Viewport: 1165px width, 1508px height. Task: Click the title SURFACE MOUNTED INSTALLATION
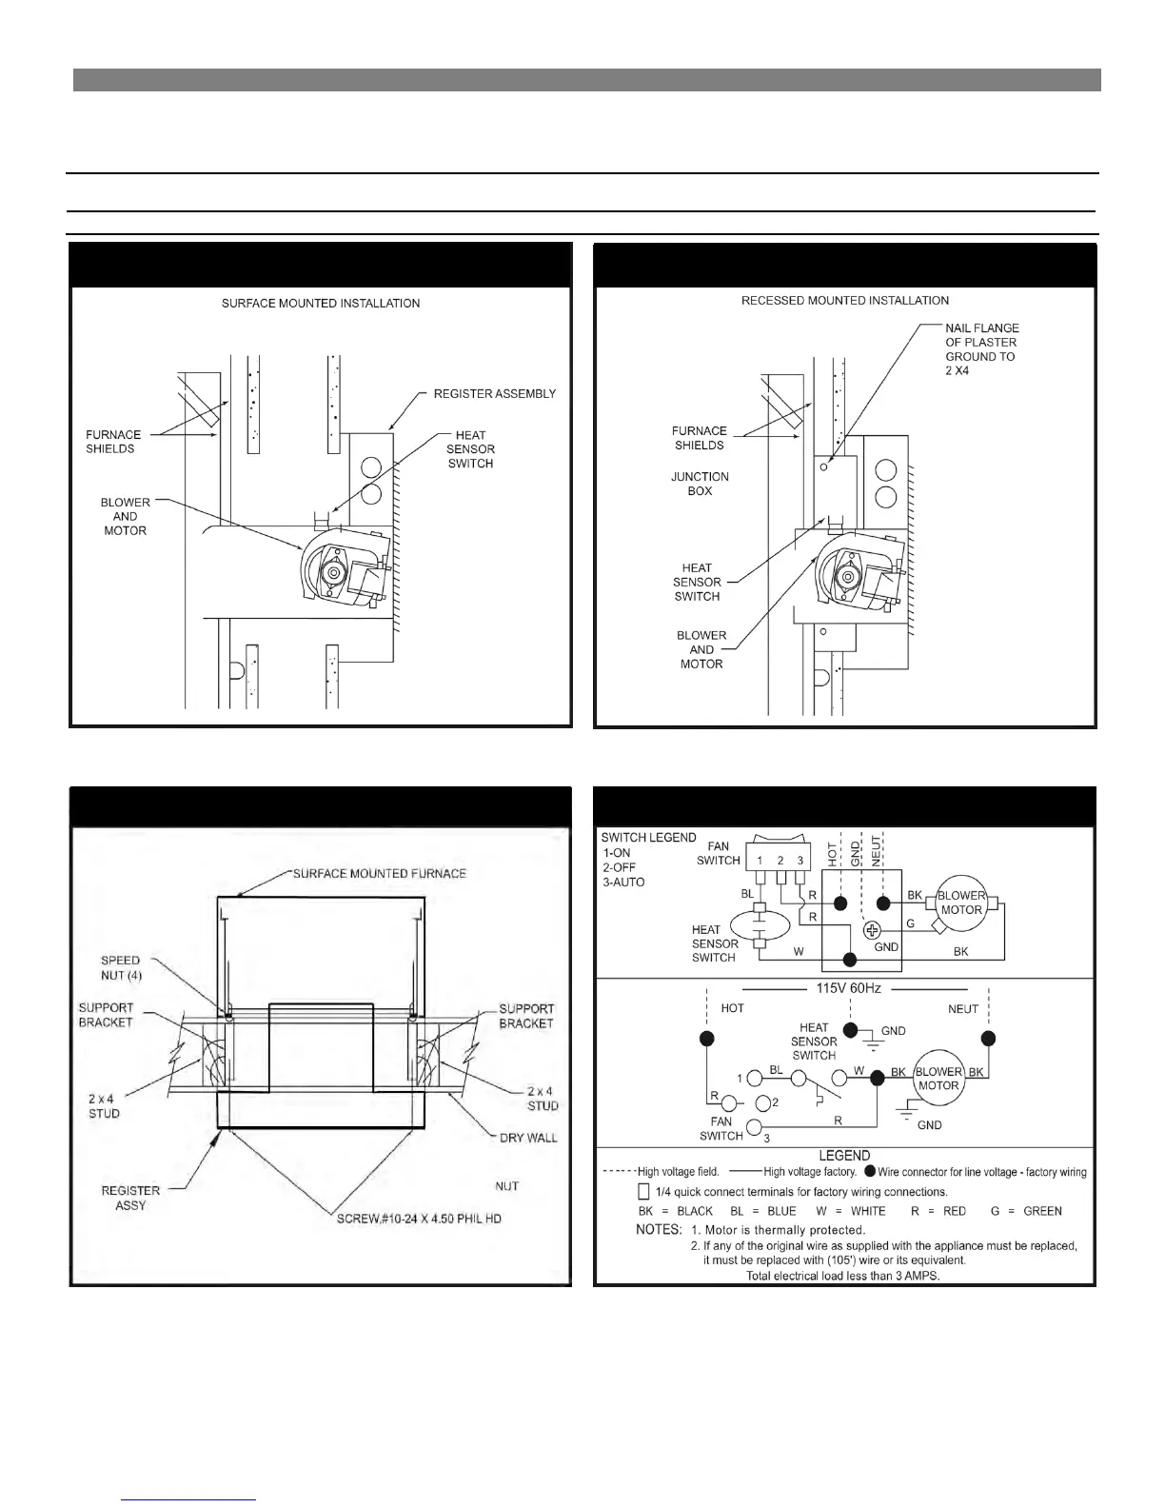pos(320,304)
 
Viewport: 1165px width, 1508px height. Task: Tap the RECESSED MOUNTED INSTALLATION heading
pos(844,301)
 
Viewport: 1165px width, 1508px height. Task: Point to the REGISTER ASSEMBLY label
pos(494,394)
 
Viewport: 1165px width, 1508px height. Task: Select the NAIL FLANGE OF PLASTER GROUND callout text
pos(981,349)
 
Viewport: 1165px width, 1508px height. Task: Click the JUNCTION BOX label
pos(700,484)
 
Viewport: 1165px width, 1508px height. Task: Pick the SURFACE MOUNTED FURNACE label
pos(379,873)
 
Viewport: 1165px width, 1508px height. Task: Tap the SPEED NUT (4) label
pos(120,968)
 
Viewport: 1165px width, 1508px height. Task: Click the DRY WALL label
pos(528,1138)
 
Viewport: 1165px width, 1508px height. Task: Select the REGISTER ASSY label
pos(130,1198)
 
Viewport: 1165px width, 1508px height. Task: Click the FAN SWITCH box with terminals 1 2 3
pos(779,854)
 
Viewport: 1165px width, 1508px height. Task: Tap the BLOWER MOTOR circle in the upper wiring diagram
pos(960,903)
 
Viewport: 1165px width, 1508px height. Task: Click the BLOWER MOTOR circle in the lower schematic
pos(938,1079)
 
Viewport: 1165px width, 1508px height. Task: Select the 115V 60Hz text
pos(848,988)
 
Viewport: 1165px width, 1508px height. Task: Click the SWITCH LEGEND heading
pos(648,838)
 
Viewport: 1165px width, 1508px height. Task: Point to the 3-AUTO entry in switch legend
pos(623,883)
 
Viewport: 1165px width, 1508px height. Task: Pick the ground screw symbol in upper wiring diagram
pos(871,931)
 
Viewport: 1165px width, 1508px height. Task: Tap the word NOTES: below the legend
pos(658,1230)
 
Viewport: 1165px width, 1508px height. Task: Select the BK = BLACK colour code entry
pos(675,1211)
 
